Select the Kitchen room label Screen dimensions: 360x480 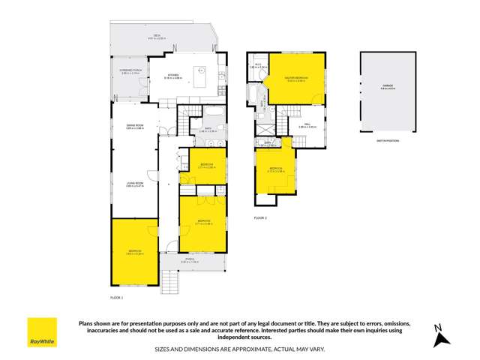[x=173, y=76]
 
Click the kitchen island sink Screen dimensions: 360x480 [x=200, y=73]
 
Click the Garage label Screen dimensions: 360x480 [x=388, y=86]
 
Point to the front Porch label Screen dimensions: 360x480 [x=193, y=262]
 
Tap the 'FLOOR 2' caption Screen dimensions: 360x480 [x=260, y=217]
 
